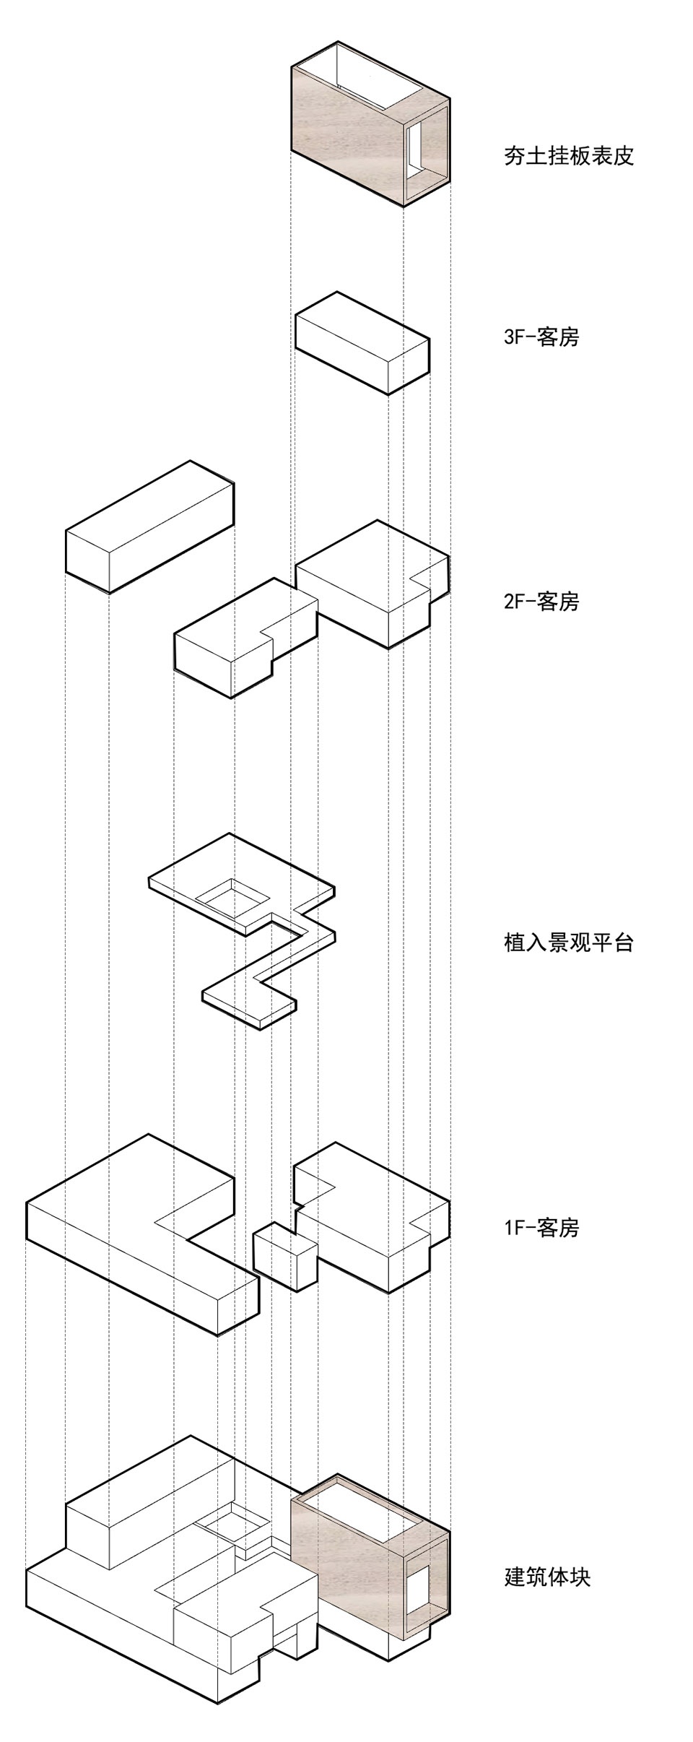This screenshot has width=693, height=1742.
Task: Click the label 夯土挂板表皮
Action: pyautogui.click(x=568, y=156)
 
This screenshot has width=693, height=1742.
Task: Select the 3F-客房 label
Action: pyautogui.click(x=541, y=337)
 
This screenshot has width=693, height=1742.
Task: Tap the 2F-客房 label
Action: pyautogui.click(x=541, y=602)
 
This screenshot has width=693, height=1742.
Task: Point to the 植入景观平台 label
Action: pyautogui.click(x=568, y=942)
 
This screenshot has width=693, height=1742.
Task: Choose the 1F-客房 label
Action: pyautogui.click(x=541, y=1227)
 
